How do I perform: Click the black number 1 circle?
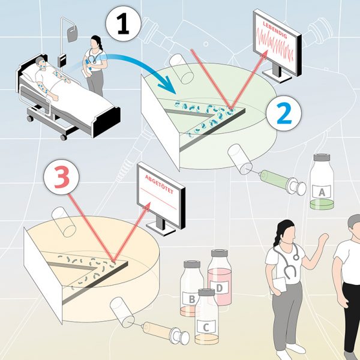123,23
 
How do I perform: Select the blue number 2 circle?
284,113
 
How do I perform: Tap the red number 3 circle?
62,177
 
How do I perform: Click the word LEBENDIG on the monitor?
275,30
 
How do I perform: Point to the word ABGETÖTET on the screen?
160,184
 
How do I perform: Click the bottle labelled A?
322,181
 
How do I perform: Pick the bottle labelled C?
206,317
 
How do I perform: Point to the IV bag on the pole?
72,34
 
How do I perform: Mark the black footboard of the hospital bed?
107,122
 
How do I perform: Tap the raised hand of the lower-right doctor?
323,239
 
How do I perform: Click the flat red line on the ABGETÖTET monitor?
158,199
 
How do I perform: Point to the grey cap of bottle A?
322,157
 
